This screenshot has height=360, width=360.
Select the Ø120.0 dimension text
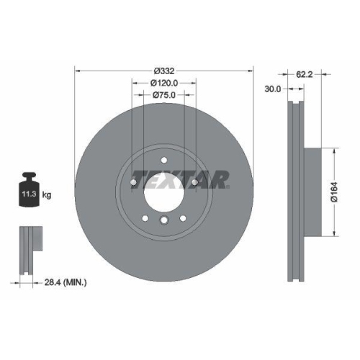point(164,84)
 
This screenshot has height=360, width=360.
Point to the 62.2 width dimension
point(303,73)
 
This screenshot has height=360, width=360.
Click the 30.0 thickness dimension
point(274,89)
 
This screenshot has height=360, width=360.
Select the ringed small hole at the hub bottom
point(164,222)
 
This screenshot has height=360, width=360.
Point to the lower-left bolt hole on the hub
point(145,217)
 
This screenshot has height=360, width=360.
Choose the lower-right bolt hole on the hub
point(183,217)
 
